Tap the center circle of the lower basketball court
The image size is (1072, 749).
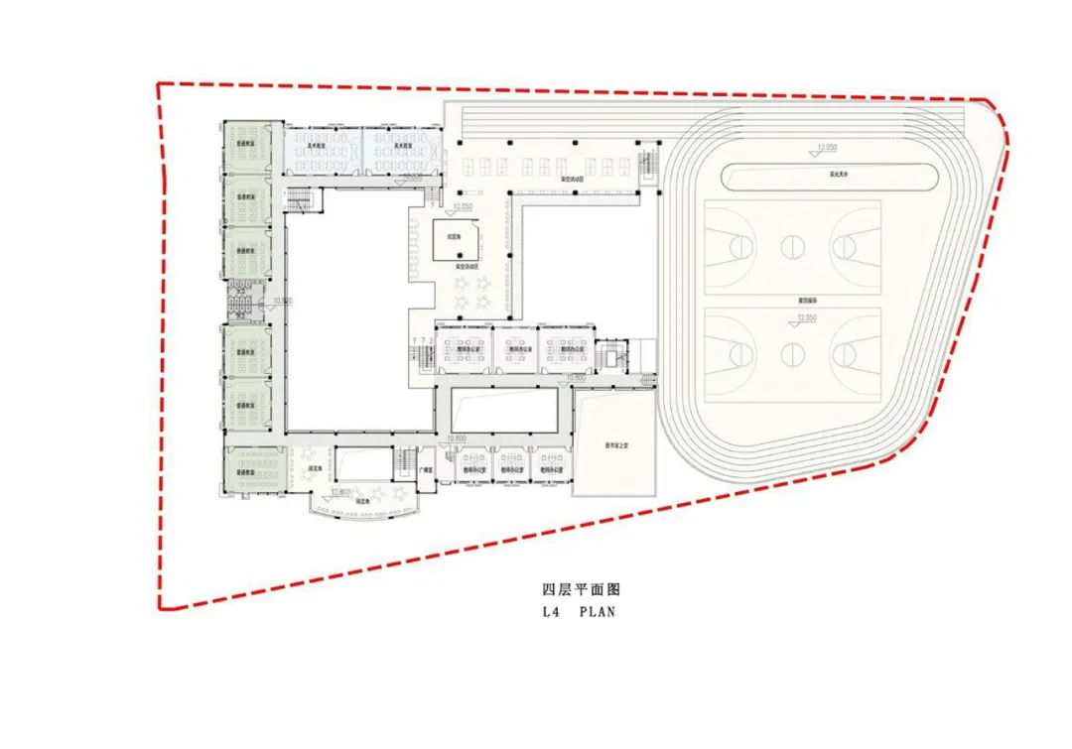click(x=792, y=352)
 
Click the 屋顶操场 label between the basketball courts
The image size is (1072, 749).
click(x=792, y=299)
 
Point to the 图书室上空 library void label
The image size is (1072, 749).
click(x=614, y=445)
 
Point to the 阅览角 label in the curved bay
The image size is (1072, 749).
click(x=363, y=503)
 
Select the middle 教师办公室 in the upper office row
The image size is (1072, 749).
click(x=516, y=349)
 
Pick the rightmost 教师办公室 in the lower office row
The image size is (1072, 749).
click(x=552, y=469)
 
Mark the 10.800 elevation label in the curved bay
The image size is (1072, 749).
click(x=342, y=491)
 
